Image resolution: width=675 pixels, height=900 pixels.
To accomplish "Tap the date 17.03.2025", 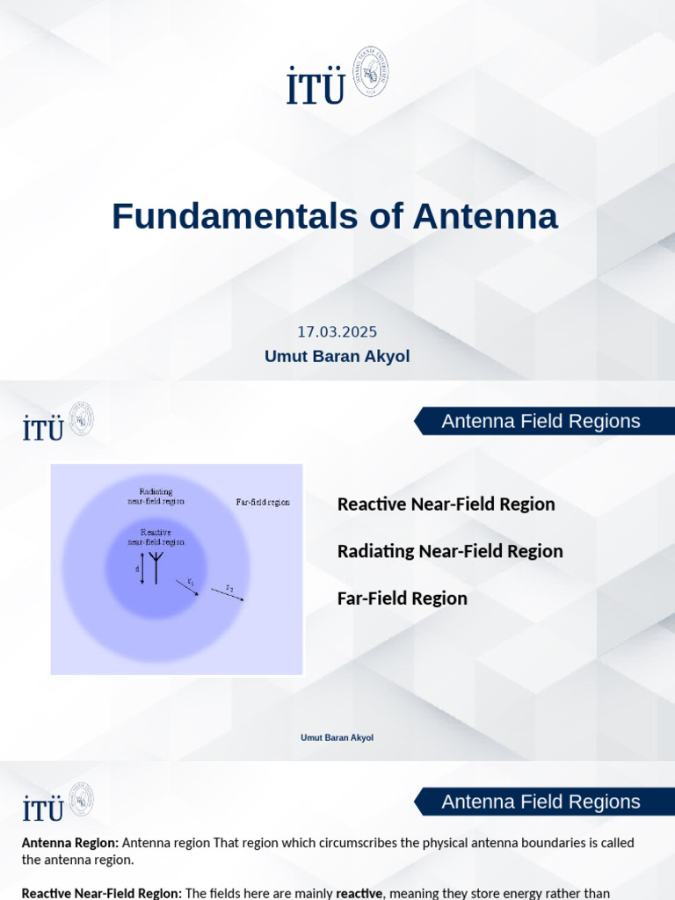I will click(x=337, y=332).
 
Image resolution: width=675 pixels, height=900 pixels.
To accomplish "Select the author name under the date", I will click(x=337, y=356).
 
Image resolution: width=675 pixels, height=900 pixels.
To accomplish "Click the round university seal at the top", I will click(x=370, y=72).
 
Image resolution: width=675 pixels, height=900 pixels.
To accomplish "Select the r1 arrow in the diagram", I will click(x=187, y=587).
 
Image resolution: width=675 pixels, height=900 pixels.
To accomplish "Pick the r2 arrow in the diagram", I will click(x=229, y=593).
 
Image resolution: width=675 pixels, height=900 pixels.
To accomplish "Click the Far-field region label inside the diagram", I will click(x=263, y=503).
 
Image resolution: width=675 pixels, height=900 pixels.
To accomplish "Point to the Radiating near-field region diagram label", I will click(x=156, y=497).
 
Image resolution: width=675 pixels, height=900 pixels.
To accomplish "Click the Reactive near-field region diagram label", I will click(x=156, y=537).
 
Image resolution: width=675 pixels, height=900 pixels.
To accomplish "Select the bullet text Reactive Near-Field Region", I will click(x=446, y=504).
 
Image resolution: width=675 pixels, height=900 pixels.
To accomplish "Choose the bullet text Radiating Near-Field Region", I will click(x=450, y=551).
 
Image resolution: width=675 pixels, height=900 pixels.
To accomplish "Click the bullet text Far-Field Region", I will click(x=402, y=599).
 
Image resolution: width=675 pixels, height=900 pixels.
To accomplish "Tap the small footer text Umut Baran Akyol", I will click(x=337, y=737).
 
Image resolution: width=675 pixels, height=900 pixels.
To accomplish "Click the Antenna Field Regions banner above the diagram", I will click(x=541, y=421).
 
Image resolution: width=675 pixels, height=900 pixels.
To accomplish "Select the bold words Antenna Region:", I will click(x=69, y=843).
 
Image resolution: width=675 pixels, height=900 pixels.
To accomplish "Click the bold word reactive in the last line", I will click(x=359, y=893).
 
